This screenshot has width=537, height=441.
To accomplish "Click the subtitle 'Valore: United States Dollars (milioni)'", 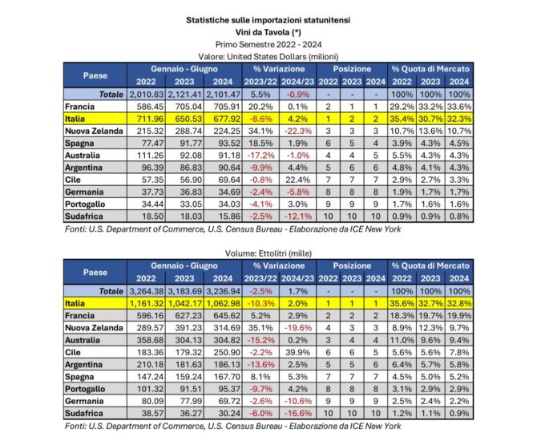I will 268,56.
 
